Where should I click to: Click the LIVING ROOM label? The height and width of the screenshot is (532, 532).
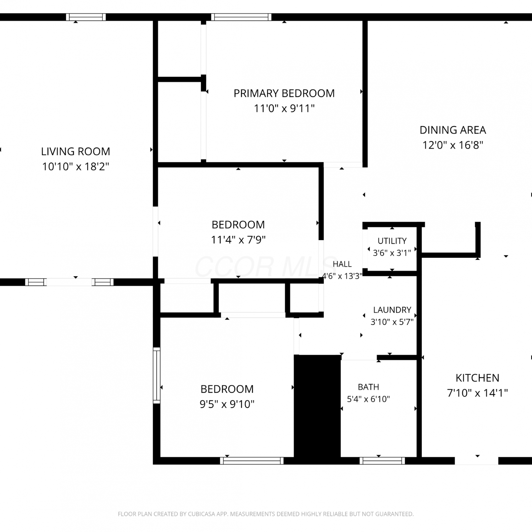[76, 151]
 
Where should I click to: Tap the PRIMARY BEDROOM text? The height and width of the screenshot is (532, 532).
[284, 93]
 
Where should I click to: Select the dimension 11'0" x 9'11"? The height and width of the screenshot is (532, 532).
[284, 108]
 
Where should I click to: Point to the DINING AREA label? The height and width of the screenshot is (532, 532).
[453, 130]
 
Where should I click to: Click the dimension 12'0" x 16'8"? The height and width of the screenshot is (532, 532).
[453, 145]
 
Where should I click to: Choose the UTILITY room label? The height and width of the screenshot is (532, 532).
[392, 241]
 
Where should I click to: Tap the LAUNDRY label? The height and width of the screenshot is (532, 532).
[392, 310]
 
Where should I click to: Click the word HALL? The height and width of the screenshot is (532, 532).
[342, 264]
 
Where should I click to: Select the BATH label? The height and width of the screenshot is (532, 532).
[368, 387]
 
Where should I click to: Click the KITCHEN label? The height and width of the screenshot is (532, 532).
[477, 378]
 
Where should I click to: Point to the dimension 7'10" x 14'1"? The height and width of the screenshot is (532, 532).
[477, 393]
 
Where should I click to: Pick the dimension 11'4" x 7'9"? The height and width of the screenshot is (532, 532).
[238, 240]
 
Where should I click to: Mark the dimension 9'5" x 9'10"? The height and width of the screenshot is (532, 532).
[227, 404]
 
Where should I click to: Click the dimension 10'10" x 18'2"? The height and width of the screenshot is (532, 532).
[76, 166]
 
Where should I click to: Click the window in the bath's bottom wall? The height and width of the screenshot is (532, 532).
[382, 461]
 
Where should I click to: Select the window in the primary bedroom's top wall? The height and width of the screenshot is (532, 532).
[241, 17]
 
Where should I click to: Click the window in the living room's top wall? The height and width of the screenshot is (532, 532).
[86, 17]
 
